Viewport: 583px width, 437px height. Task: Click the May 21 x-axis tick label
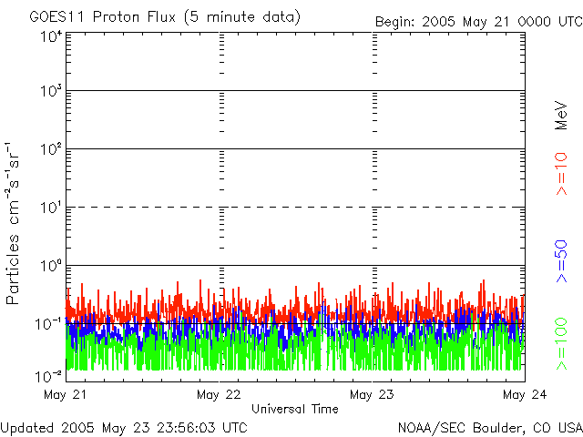[65, 394]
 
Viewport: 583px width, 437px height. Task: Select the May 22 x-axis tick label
[219, 394]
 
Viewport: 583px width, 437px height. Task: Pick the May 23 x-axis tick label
[372, 394]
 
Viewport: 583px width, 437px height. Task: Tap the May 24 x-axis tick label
[518, 394]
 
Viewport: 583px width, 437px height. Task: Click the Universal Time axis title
[294, 409]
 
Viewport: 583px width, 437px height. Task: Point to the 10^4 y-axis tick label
[51, 36]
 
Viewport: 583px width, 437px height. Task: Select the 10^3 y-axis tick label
[51, 91]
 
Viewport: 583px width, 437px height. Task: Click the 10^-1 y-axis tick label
[51, 323]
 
